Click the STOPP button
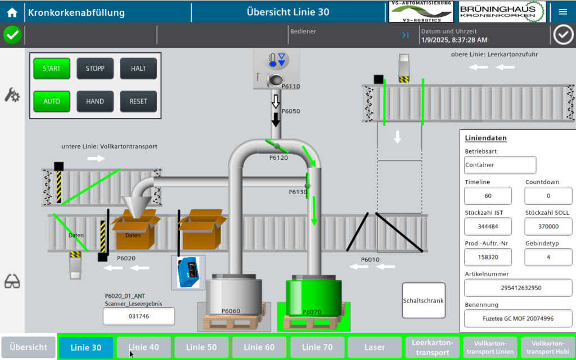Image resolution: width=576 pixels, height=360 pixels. pyautogui.click(x=95, y=69)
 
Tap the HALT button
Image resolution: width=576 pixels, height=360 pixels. pyautogui.click(x=138, y=69)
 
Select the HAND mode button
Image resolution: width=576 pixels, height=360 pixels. pyautogui.click(x=95, y=101)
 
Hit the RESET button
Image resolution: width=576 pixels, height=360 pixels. pyautogui.click(x=138, y=101)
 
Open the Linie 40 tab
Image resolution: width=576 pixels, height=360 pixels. pyautogui.click(x=145, y=348)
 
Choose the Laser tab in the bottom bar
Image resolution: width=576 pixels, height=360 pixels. pyautogui.click(x=375, y=348)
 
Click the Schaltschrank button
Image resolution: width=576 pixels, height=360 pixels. pyautogui.click(x=424, y=300)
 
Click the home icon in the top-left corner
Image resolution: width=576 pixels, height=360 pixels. pyautogui.click(x=12, y=12)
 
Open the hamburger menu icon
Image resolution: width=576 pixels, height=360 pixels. pyautogui.click(x=563, y=12)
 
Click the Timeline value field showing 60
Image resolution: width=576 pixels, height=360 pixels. pyautogui.click(x=488, y=196)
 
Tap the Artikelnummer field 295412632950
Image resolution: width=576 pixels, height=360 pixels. pyautogui.click(x=518, y=287)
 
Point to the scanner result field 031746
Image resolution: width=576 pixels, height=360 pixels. pyautogui.click(x=139, y=316)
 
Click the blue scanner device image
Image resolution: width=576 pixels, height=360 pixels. pyautogui.click(x=188, y=272)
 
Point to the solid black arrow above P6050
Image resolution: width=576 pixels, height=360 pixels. pyautogui.click(x=276, y=119)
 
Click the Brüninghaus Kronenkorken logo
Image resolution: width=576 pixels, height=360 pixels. pyautogui.click(x=502, y=11)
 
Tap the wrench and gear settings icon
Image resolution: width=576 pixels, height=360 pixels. pyautogui.click(x=12, y=94)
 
